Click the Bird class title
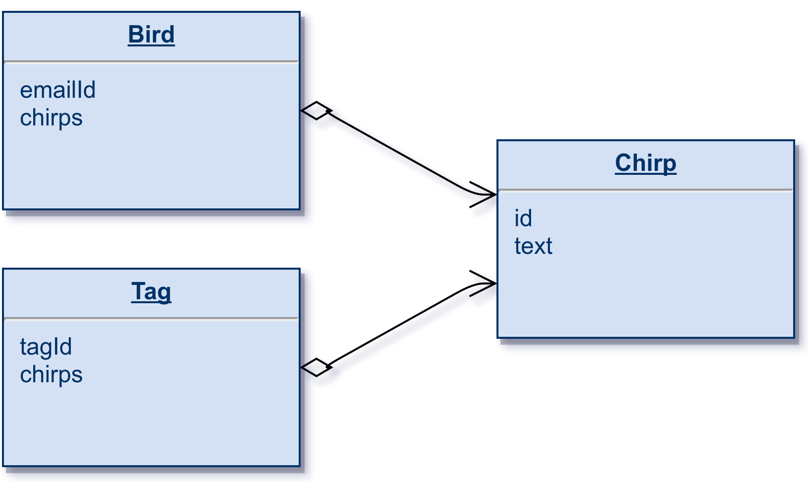tap(151, 35)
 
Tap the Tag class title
tap(151, 292)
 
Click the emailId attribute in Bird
tap(58, 90)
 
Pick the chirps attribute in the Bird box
tap(51, 118)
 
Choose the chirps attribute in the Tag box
tap(51, 375)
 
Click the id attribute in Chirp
tap(523, 218)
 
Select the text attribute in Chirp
tap(533, 246)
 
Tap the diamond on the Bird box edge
tap(316, 111)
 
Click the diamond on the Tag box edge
tap(316, 367)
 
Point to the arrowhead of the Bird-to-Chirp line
tap(495, 195)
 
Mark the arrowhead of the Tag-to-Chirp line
tap(495, 283)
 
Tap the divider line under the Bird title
tap(151, 62)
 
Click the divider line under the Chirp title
tap(646, 190)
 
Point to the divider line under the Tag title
tap(151, 319)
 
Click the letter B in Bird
tap(135, 35)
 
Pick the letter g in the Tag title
tap(164, 295)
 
